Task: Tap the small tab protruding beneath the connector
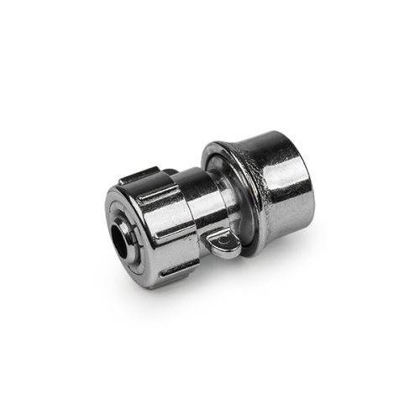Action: click(221, 244)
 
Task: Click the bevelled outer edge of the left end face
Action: click(106, 227)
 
